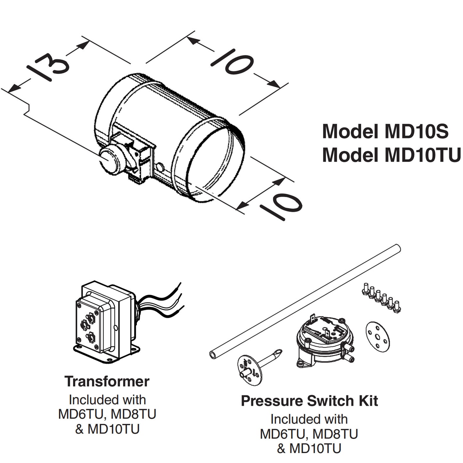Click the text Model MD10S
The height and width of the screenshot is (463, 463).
click(385, 131)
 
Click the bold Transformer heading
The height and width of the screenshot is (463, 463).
click(107, 381)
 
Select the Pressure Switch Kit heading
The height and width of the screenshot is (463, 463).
click(309, 401)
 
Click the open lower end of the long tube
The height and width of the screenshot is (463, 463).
click(213, 355)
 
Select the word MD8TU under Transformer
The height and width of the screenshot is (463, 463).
click(133, 414)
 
